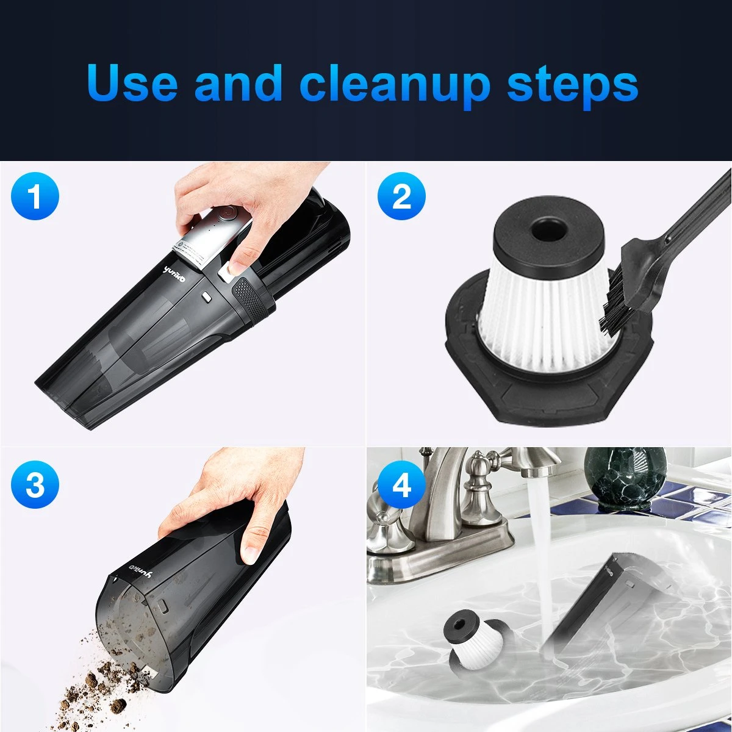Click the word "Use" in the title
(132, 82)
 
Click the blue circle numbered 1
(35, 196)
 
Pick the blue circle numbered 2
(401, 196)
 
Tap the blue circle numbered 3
(35, 484)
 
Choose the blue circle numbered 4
(401, 484)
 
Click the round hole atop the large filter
(549, 230)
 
